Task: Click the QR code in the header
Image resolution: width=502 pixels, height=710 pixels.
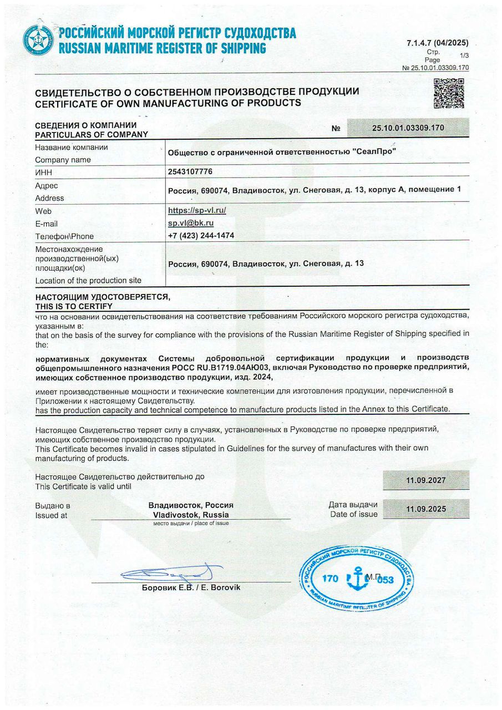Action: point(448,94)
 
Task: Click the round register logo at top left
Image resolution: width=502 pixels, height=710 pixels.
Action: point(38,40)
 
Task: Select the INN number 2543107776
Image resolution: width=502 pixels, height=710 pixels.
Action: point(190,171)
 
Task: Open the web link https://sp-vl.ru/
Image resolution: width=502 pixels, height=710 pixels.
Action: point(197,210)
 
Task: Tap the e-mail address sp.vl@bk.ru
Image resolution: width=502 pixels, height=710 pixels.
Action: point(191,223)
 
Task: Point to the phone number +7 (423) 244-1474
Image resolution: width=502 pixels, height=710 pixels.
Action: point(201,236)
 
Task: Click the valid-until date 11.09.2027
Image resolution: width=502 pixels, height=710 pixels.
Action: point(425,480)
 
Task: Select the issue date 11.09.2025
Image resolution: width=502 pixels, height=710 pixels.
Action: point(425,509)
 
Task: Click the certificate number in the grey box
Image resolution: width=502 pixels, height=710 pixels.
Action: point(408,128)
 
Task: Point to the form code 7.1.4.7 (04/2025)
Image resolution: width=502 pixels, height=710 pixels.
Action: point(437,43)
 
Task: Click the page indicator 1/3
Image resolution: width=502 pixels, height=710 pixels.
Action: point(464,55)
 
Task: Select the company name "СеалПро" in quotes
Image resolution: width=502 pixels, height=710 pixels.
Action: point(375,153)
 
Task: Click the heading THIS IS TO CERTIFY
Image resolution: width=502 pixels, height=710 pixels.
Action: point(73,306)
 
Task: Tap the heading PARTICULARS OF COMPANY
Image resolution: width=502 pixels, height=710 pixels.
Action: point(92,134)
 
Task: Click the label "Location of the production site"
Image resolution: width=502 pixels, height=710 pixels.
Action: point(88,281)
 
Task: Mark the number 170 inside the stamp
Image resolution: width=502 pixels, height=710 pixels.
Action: point(329,579)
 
